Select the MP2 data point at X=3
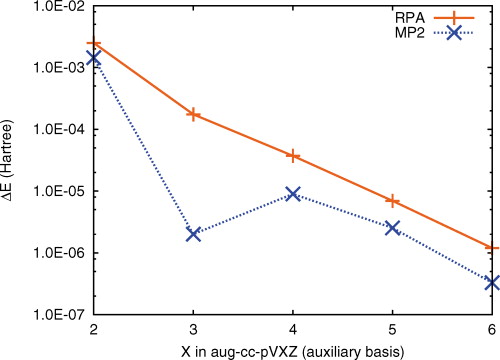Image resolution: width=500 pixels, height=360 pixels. [x=193, y=233]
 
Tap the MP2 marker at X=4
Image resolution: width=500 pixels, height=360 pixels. [x=293, y=193]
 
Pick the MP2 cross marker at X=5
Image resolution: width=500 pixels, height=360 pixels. [x=393, y=228]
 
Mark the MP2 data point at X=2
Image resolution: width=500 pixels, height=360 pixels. [x=94, y=58]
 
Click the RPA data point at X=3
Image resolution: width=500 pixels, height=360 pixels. [x=193, y=114]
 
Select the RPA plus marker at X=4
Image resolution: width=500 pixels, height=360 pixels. [x=293, y=155]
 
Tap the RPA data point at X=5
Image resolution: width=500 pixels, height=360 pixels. [x=393, y=200]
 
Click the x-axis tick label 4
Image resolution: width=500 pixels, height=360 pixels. [x=293, y=329]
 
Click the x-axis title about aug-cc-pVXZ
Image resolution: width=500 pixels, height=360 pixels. [x=293, y=349]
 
